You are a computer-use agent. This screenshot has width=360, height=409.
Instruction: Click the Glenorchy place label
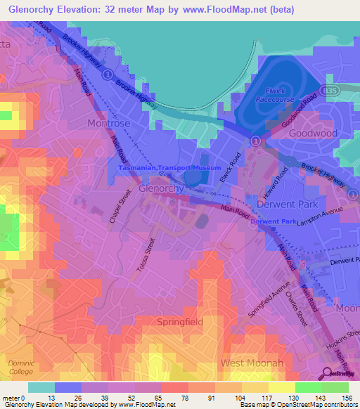pos(162,189)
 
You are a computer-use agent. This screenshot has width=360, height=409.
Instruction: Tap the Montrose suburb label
pos(108,123)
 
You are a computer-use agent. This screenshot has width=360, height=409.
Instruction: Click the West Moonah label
pos(252,363)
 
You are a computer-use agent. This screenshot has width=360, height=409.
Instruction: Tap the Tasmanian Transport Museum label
pos(170,169)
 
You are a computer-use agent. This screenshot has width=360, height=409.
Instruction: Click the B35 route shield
pos(328,91)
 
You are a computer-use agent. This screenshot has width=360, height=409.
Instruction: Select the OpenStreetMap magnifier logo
pos(328,373)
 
